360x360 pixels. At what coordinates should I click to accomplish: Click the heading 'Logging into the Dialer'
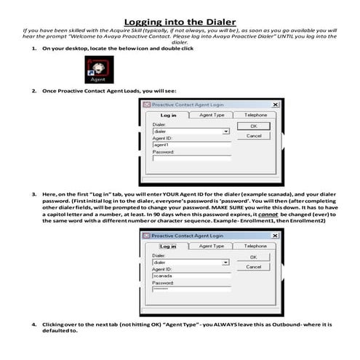tap(180, 23)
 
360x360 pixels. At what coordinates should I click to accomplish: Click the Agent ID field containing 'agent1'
tap(191, 144)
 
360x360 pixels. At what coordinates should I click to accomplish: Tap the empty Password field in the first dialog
tap(191, 158)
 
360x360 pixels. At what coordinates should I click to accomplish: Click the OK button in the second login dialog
tap(253, 257)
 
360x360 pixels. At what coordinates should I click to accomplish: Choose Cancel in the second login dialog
tap(253, 267)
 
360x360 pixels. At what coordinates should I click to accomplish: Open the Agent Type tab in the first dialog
tap(212, 115)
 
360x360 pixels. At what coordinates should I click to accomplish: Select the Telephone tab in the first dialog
tap(255, 115)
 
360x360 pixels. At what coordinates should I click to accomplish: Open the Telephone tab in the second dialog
tap(255, 246)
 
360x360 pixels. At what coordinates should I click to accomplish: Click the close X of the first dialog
tap(275, 105)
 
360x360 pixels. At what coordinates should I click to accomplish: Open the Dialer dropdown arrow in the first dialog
tap(226, 131)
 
